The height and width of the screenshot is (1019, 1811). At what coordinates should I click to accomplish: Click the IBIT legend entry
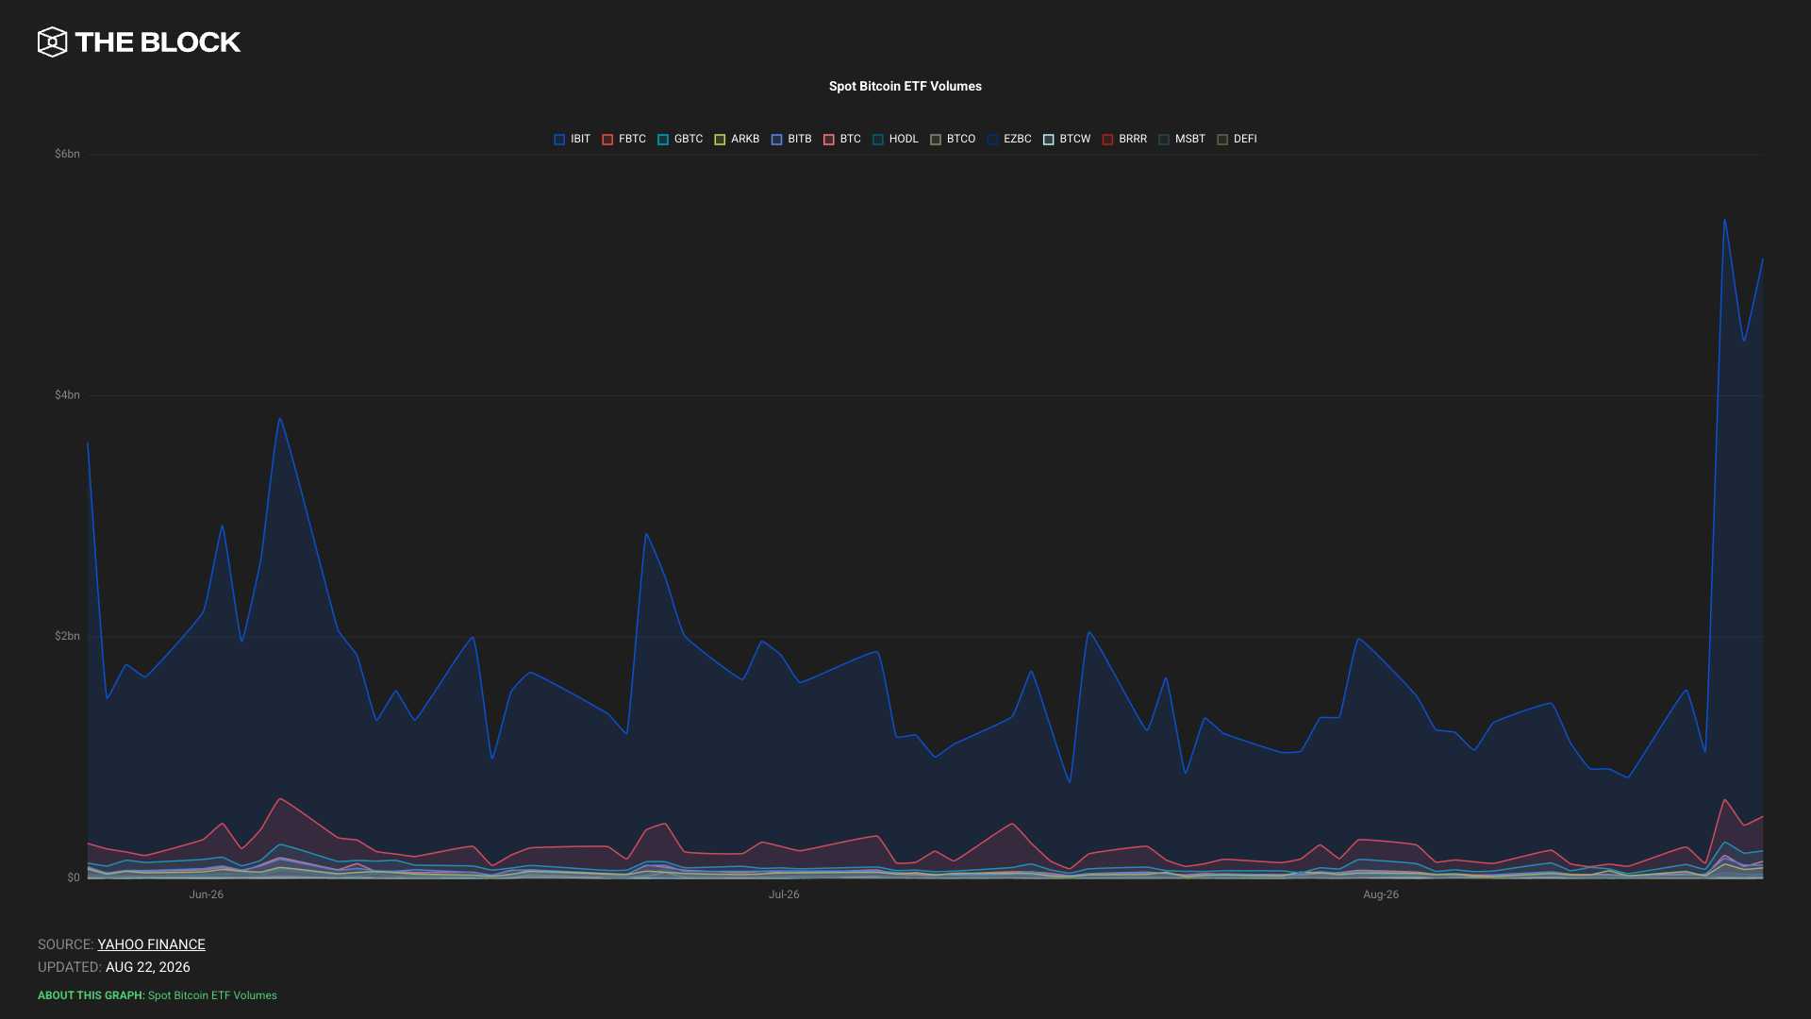coord(573,140)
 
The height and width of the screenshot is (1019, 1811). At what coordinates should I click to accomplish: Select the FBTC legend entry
coord(624,140)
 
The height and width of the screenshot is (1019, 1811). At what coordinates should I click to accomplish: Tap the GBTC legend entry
coord(680,140)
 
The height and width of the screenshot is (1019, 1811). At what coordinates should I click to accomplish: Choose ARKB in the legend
coord(737,140)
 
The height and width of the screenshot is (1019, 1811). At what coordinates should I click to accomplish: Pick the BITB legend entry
coord(791,140)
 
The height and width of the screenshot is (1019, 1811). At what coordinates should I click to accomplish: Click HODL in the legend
coord(895,140)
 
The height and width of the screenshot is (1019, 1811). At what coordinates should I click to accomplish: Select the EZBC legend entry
coord(1009,140)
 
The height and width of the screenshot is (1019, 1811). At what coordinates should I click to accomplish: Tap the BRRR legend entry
coord(1124,140)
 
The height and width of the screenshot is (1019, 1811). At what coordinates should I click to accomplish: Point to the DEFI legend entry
coord(1237,140)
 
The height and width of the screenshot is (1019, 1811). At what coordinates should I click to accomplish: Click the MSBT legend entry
coord(1182,140)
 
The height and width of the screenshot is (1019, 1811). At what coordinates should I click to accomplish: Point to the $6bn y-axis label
coord(67,154)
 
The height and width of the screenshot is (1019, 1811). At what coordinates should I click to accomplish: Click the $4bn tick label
coord(67,395)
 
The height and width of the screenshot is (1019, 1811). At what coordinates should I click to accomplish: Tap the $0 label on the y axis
coord(74,877)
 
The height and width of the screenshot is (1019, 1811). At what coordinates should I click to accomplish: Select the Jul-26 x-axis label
coord(784,894)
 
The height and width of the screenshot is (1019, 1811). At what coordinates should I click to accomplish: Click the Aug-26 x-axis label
coord(1381,894)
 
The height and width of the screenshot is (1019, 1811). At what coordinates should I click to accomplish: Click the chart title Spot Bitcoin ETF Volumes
coord(905,86)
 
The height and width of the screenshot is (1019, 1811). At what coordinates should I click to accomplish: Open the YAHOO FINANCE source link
coord(151,944)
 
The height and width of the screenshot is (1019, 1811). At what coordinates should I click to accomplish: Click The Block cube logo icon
coord(53,42)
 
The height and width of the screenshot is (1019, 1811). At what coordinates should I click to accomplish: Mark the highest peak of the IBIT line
coord(1724,220)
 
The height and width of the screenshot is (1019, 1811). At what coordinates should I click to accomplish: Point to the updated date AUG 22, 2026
coord(148,967)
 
